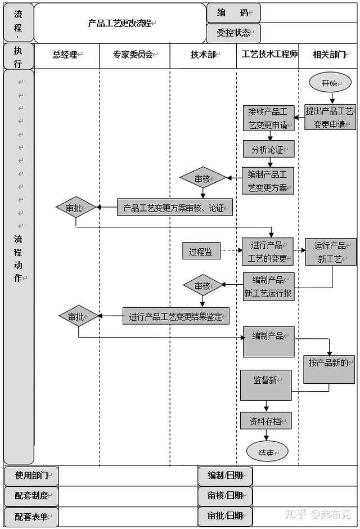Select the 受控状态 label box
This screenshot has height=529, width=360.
click(x=233, y=33)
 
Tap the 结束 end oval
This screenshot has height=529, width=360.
click(x=267, y=452)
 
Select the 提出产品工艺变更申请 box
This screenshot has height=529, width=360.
click(x=330, y=117)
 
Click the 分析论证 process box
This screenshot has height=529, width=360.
click(x=268, y=149)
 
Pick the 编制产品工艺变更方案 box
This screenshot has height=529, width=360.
click(x=268, y=181)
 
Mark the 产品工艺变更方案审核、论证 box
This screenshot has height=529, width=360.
click(x=174, y=208)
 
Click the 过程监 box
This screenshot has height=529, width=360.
click(x=201, y=252)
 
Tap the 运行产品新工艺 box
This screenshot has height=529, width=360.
click(x=330, y=252)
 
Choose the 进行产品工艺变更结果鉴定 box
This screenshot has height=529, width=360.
click(x=176, y=316)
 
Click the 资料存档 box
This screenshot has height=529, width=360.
click(x=266, y=420)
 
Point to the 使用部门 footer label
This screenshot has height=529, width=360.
click(x=31, y=476)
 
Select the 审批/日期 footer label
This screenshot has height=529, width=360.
click(x=225, y=515)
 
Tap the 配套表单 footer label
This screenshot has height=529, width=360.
click(x=31, y=515)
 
